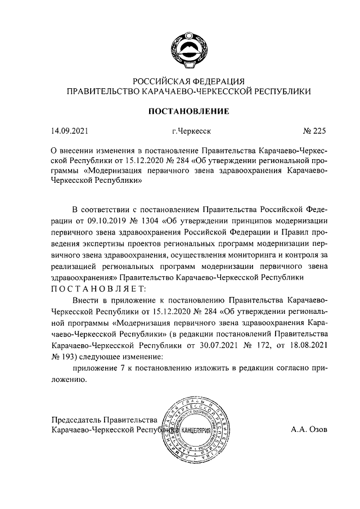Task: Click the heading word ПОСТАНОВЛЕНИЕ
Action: click(188, 111)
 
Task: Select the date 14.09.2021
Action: click(70, 132)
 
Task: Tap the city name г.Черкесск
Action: click(191, 132)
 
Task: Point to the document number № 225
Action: click(314, 132)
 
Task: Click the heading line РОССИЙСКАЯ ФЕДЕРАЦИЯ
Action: click(189, 80)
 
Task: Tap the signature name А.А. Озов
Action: click(309, 430)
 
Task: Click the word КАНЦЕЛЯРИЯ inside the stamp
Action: click(197, 431)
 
